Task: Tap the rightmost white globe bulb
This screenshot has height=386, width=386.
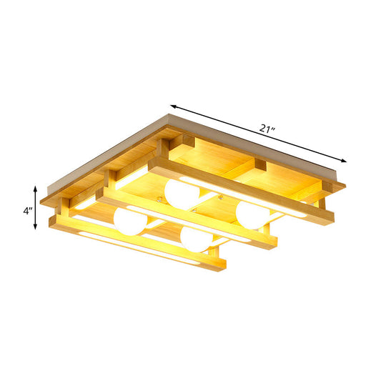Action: click(x=251, y=214)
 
